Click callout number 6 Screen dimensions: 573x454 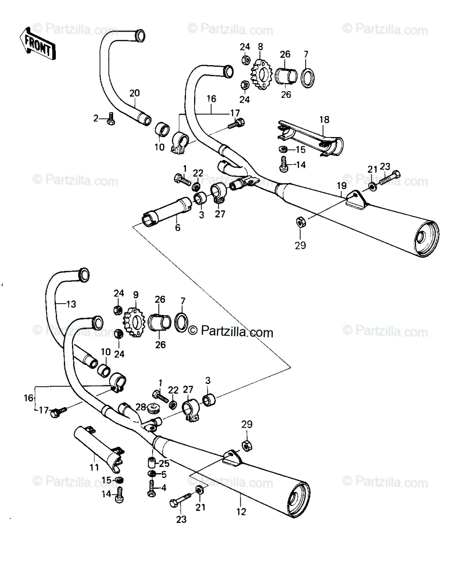click(x=177, y=228)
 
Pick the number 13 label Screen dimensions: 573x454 click(x=71, y=303)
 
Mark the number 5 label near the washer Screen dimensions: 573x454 click(x=164, y=474)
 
